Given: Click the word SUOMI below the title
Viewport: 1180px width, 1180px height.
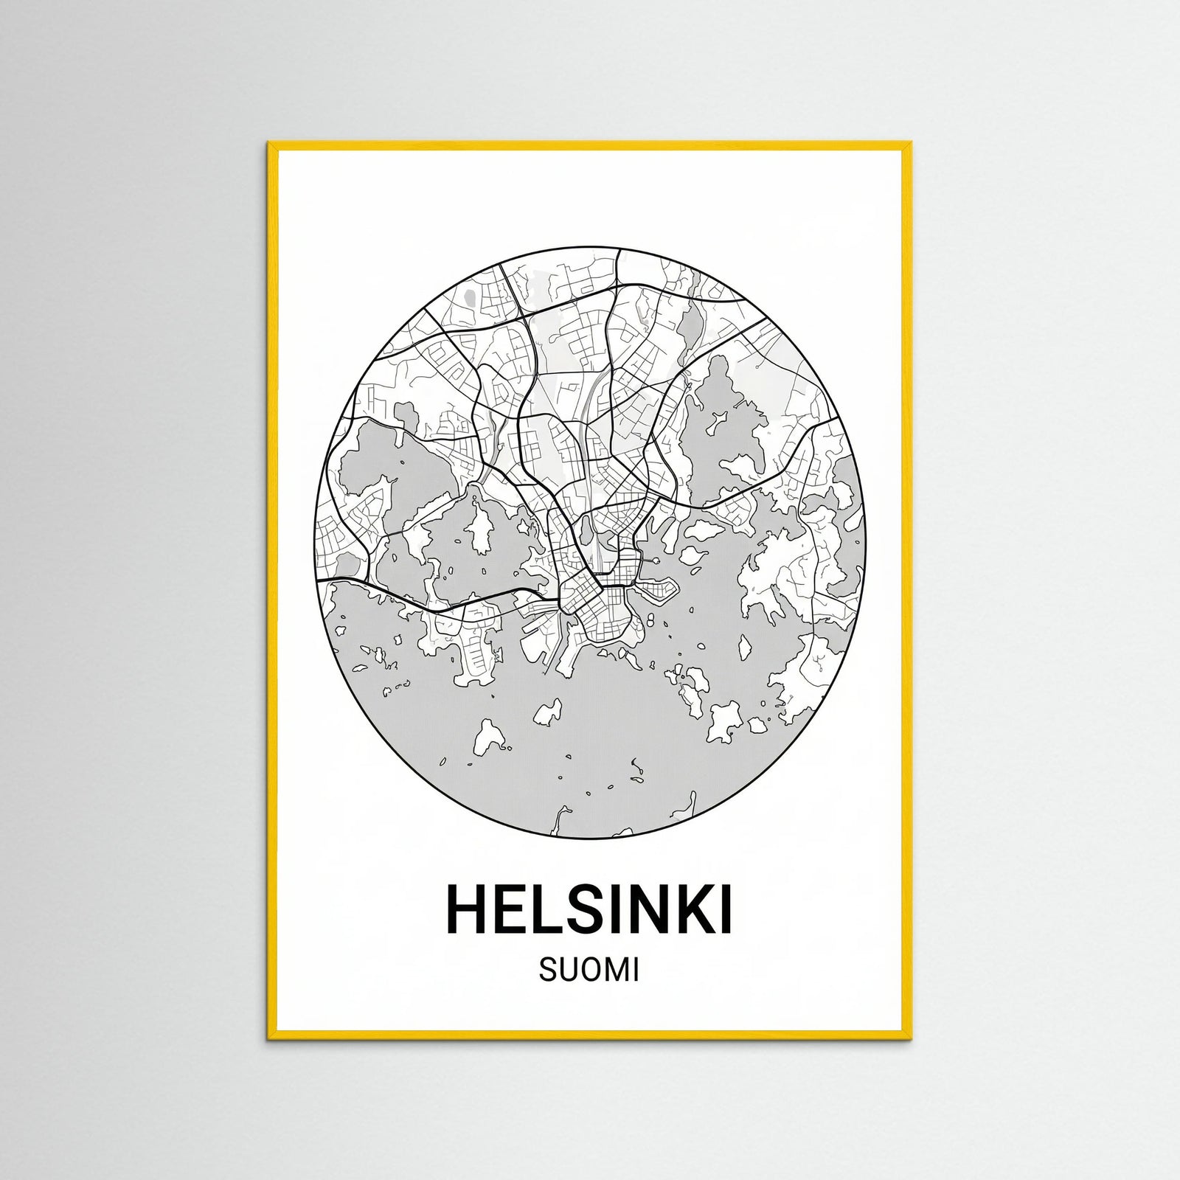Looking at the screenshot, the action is (x=589, y=971).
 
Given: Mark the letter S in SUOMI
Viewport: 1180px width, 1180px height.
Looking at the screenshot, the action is (x=548, y=971).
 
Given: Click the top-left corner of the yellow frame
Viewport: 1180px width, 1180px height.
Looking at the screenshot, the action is (x=269, y=144).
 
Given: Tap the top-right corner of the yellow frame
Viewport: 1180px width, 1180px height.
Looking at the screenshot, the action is (x=912, y=144).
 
